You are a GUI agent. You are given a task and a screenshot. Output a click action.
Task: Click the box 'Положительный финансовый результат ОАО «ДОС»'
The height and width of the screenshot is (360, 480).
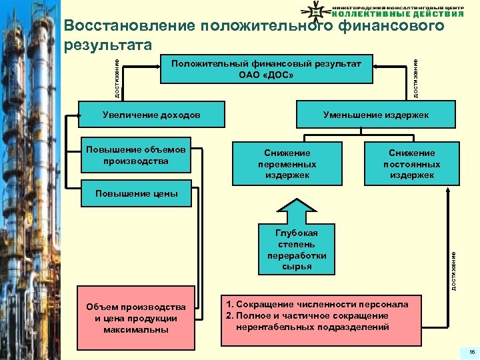click(267, 68)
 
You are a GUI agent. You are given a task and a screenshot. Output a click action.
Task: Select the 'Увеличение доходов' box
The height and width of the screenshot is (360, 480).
click(151, 115)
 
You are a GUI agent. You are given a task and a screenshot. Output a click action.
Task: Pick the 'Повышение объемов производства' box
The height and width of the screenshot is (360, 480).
click(135, 155)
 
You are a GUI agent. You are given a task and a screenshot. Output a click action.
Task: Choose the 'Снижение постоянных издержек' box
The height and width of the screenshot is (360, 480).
click(411, 164)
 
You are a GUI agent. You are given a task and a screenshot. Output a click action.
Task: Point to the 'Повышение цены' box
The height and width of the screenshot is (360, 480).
click(135, 194)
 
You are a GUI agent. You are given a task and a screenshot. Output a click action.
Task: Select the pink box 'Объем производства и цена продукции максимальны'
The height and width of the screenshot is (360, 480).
click(135, 317)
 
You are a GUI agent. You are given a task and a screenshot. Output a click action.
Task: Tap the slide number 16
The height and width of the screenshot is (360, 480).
click(470, 351)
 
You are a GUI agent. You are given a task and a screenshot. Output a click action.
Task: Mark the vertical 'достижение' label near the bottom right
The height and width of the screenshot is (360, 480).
click(453, 270)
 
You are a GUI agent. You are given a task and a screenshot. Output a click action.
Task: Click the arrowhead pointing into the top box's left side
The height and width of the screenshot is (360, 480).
click(157, 66)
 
